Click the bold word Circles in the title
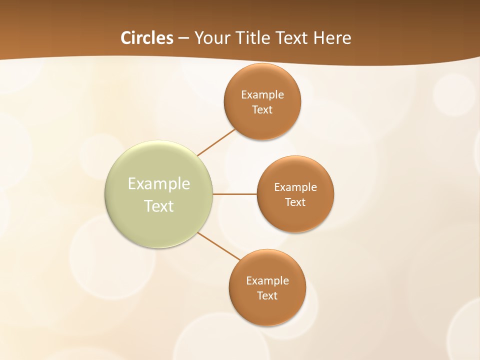(x=146, y=38)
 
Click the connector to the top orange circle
(x=216, y=142)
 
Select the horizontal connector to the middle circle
(x=235, y=194)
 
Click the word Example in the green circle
(x=159, y=184)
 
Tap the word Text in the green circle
(x=159, y=206)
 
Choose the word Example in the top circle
(x=262, y=95)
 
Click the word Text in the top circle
(x=262, y=110)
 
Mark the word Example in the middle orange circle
(x=295, y=187)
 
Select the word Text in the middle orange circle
(x=295, y=202)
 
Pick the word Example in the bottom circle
(x=267, y=281)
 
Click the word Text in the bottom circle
(x=267, y=296)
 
